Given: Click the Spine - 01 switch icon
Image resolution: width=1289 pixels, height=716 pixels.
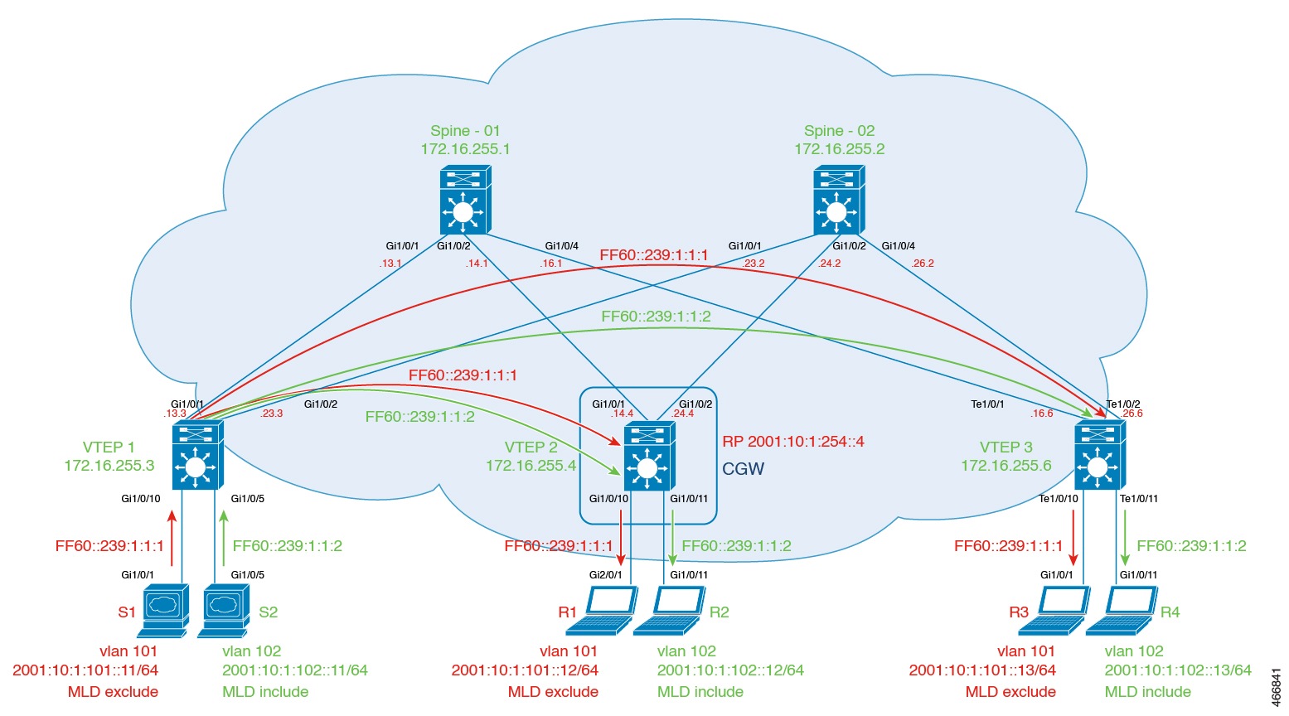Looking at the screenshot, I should click(x=464, y=200).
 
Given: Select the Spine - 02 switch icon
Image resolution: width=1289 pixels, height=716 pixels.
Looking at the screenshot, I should click(x=838, y=200).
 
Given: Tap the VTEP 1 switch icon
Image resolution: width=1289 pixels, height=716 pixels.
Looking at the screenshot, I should click(x=197, y=455).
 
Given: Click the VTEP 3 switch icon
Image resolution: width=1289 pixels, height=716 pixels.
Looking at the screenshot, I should click(x=1099, y=455).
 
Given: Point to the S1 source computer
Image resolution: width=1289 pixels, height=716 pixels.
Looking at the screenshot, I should click(x=165, y=611).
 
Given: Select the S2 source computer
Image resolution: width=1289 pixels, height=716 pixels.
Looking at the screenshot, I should click(x=223, y=611).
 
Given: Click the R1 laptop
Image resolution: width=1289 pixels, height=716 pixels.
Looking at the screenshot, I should click(x=609, y=611).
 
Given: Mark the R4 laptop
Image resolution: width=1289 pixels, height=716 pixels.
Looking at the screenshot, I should click(x=1122, y=611).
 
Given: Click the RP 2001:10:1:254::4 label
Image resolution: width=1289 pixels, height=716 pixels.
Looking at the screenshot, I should click(x=792, y=442).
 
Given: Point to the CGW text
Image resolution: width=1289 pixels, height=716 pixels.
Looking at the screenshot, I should click(x=743, y=469).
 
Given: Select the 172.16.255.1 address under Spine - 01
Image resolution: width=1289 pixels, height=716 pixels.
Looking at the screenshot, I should click(x=465, y=149).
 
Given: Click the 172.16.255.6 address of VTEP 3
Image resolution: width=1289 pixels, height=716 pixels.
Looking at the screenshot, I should click(x=1006, y=466).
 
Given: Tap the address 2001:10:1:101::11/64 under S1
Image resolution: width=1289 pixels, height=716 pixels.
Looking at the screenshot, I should click(x=85, y=670).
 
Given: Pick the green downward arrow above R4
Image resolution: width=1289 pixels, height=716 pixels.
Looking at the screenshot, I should click(x=1125, y=537).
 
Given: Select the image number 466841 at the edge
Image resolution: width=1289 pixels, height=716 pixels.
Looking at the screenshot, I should click(x=1275, y=687).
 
